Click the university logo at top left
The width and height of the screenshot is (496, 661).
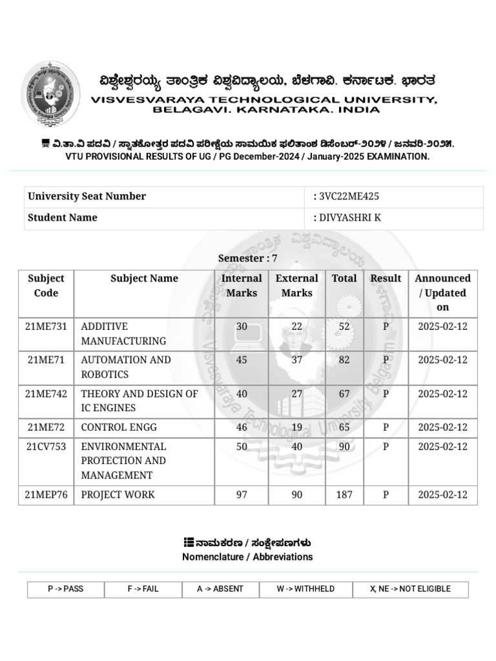pyautogui.click(x=51, y=94)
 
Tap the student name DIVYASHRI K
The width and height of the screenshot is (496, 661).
pyautogui.click(x=349, y=218)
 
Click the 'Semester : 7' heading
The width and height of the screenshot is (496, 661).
pyautogui.click(x=247, y=258)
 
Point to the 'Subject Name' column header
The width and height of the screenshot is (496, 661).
pyautogui.click(x=144, y=278)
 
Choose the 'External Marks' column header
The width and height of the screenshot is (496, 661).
pyautogui.click(x=296, y=285)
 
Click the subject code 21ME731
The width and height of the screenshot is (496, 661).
pyautogui.click(x=46, y=327)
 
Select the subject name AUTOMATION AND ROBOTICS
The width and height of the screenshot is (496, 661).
pyautogui.click(x=125, y=367)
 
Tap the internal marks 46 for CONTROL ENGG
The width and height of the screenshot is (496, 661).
pyautogui.click(x=242, y=427)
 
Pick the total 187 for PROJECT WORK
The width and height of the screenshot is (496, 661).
pyautogui.click(x=344, y=495)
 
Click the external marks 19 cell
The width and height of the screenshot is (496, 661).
pyautogui.click(x=296, y=427)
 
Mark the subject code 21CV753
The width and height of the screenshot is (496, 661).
pyautogui.click(x=46, y=447)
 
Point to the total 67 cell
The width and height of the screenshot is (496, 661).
pyautogui.click(x=344, y=394)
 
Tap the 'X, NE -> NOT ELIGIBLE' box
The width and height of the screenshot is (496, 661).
pyautogui.click(x=410, y=589)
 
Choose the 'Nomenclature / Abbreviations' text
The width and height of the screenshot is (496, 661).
pyautogui.click(x=247, y=556)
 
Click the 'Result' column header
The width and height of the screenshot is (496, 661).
pyautogui.click(x=386, y=278)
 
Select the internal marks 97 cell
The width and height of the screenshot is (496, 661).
pyautogui.click(x=242, y=495)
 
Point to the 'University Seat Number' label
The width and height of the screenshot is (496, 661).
pyautogui.click(x=87, y=196)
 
